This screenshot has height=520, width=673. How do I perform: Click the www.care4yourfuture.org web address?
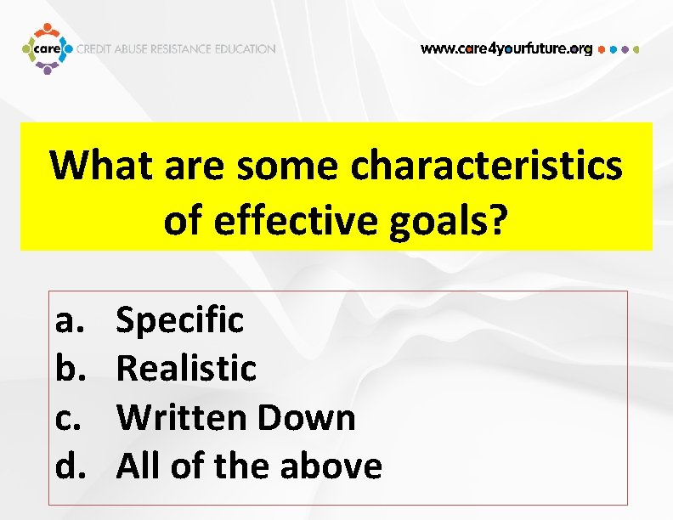(x=506, y=48)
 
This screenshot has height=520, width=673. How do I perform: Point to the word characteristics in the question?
(x=486, y=166)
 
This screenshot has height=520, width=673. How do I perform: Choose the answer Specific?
(x=179, y=320)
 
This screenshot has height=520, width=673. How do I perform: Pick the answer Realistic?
(x=186, y=369)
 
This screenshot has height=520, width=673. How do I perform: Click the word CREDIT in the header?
(x=96, y=49)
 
